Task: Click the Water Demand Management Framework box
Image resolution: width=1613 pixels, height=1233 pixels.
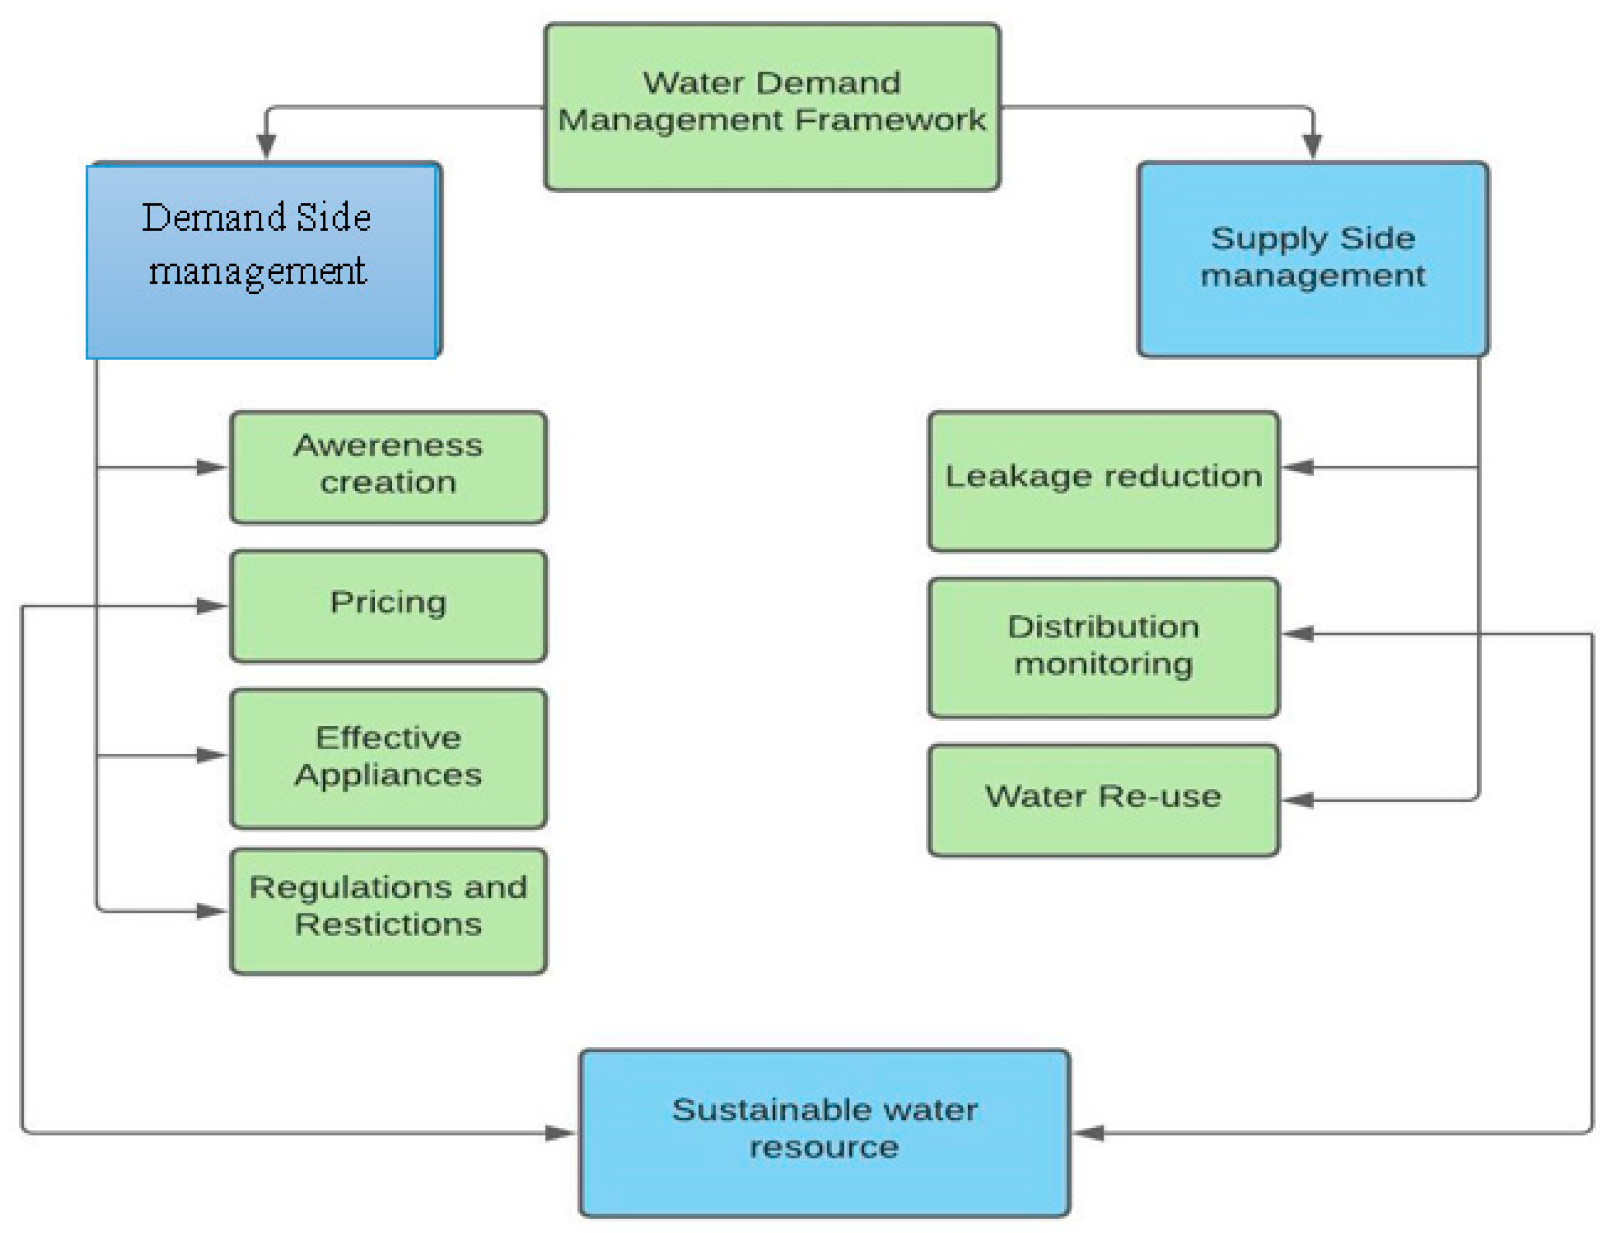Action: coord(771,106)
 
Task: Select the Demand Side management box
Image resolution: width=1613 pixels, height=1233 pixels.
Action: coord(263,261)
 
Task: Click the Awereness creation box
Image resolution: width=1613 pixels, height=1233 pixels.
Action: coord(388,467)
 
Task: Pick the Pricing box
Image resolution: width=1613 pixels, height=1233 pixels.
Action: coord(388,606)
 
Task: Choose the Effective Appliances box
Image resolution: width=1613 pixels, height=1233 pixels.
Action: coord(388,758)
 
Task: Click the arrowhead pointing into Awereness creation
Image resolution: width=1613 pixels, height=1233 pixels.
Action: coord(211,467)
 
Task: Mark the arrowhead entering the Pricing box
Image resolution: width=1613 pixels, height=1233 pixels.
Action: coord(211,606)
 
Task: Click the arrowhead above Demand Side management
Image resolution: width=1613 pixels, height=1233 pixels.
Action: coord(266,146)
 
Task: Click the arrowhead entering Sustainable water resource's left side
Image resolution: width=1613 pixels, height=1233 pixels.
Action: coord(560,1133)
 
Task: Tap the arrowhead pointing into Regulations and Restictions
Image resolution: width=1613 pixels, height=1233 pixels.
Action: coord(211,912)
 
